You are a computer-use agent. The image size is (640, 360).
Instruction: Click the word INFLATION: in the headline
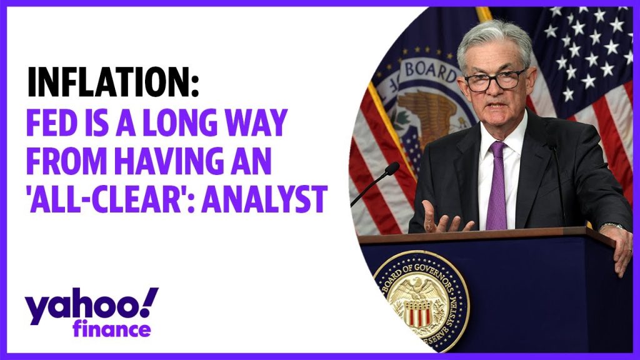pos(113,82)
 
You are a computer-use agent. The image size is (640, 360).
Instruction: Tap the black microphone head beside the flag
pos(392,168)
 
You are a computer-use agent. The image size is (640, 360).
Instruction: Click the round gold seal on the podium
pos(421,301)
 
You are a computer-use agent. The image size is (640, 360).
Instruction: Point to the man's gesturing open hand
pos(444,217)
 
